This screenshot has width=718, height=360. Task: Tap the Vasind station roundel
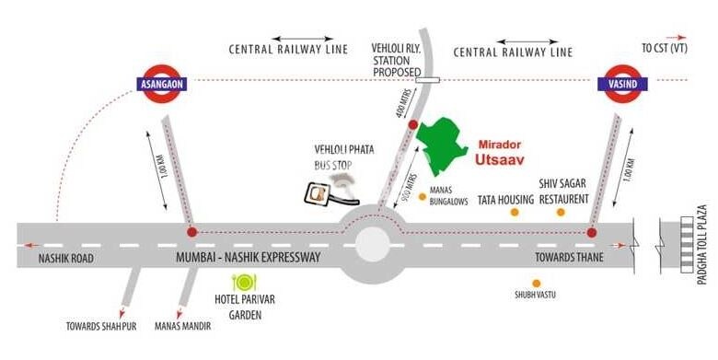click(622, 83)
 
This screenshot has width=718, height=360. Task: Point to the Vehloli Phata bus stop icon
click(319, 192)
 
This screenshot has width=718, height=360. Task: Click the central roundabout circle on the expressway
click(372, 245)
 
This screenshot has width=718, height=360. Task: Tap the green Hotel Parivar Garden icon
click(244, 283)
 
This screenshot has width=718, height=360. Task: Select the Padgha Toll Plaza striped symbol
click(686, 243)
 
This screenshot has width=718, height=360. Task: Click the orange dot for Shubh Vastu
click(537, 281)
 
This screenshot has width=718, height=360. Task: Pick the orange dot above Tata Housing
click(515, 213)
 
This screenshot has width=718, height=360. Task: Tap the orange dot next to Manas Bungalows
click(422, 196)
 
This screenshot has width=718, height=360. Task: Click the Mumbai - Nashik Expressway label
click(248, 258)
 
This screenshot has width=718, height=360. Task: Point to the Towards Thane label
click(569, 258)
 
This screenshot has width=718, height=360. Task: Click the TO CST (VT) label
click(665, 47)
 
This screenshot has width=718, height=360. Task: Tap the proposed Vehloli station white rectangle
click(425, 80)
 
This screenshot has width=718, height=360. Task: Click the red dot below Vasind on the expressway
click(591, 232)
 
